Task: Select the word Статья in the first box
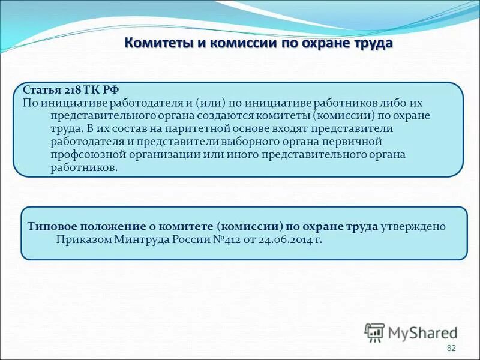(x=40, y=90)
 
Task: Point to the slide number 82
(x=451, y=349)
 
